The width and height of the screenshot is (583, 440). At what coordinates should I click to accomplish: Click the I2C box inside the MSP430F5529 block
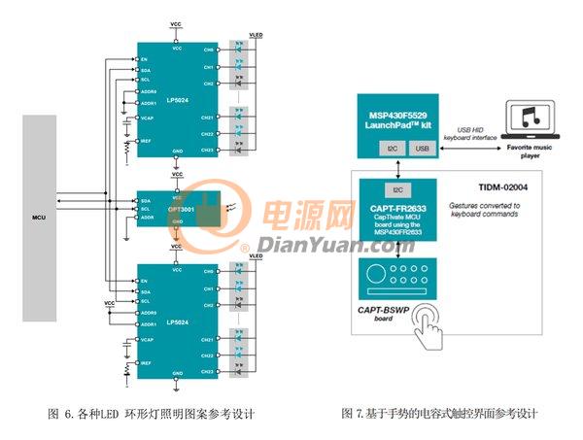click(x=386, y=149)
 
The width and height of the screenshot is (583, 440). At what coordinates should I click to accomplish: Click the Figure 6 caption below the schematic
click(x=151, y=414)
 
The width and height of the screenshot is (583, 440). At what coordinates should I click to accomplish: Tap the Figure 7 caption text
click(x=439, y=414)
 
